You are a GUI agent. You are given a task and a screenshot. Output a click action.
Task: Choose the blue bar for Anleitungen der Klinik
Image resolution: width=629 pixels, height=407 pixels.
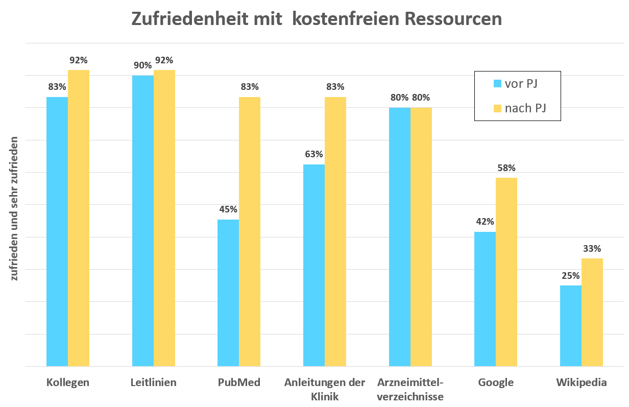[x=314, y=265]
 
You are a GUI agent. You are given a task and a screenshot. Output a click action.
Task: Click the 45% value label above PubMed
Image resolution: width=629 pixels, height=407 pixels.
[x=228, y=209]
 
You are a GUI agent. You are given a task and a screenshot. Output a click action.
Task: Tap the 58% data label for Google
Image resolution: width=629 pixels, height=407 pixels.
[x=506, y=167]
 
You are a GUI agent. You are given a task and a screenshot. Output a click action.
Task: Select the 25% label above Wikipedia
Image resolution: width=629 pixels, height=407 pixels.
[x=570, y=275]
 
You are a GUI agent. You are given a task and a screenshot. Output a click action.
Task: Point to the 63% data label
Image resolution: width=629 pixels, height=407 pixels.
[x=314, y=154]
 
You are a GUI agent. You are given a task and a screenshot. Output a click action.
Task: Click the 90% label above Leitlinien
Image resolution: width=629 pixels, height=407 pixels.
[x=143, y=65]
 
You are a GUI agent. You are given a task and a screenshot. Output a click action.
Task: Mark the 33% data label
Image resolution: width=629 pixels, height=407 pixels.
[x=592, y=249]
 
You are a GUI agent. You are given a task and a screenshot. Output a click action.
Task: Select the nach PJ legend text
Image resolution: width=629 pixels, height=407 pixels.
[x=525, y=108]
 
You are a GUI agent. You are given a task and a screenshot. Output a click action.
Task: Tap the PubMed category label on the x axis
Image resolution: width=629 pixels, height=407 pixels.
[x=239, y=382]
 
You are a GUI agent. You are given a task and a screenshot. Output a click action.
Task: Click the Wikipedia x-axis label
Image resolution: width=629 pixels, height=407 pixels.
[x=581, y=382]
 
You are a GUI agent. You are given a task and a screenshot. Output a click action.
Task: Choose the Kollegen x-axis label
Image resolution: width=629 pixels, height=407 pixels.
[x=67, y=382]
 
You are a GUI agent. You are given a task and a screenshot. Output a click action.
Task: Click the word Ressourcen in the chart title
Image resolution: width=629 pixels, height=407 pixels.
[x=453, y=18]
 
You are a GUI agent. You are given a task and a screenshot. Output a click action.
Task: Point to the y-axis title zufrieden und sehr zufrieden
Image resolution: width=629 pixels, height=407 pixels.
[x=15, y=208]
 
